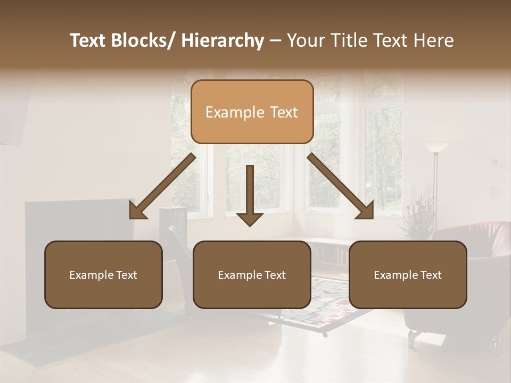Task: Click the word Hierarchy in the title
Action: (x=223, y=40)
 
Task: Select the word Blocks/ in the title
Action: (x=145, y=40)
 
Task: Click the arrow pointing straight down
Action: (x=250, y=197)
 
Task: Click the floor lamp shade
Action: (x=435, y=147)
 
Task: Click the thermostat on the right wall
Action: (x=495, y=161)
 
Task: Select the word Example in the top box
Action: (x=227, y=112)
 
